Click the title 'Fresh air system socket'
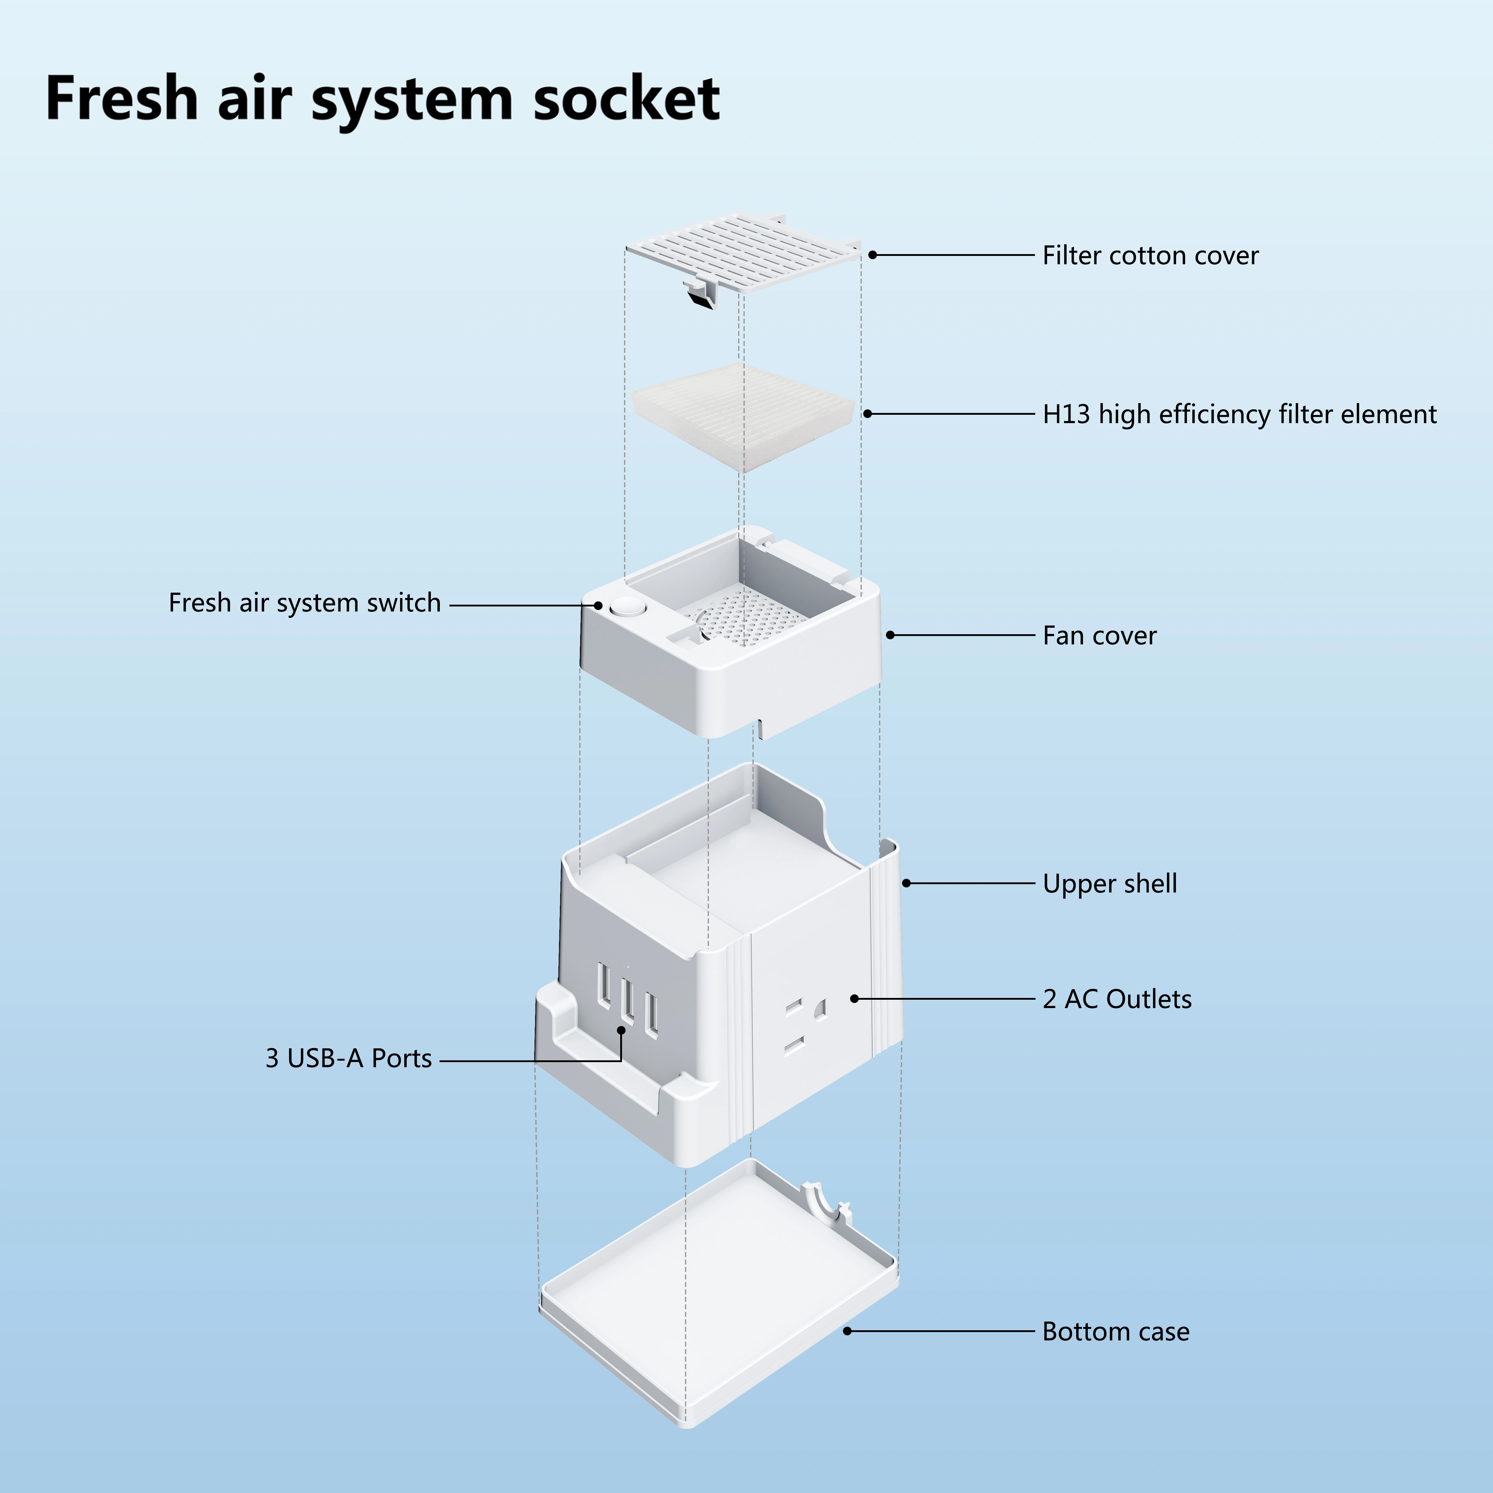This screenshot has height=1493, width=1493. (x=383, y=99)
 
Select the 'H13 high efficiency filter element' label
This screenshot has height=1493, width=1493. (x=1239, y=414)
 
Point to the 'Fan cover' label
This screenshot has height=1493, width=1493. (x=1099, y=635)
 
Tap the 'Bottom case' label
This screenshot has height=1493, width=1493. (x=1115, y=1331)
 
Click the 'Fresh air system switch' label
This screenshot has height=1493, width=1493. (x=305, y=603)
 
